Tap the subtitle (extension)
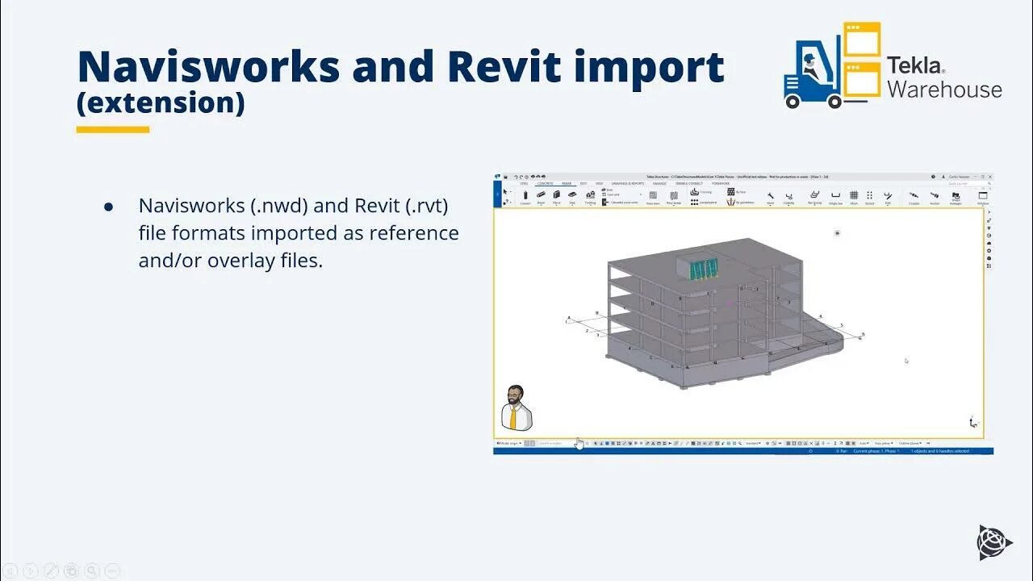tap(161, 103)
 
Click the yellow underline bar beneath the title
tap(113, 129)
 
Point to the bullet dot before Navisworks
tap(109, 207)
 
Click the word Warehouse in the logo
tap(944, 90)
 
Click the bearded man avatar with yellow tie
tap(515, 408)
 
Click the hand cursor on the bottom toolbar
tap(579, 444)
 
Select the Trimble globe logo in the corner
tap(994, 541)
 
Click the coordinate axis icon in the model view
tap(974, 421)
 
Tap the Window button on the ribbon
tap(983, 198)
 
